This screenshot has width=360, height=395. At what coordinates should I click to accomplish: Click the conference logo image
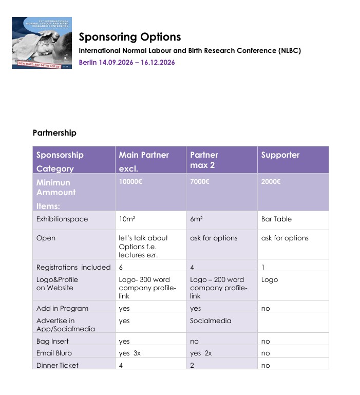43,43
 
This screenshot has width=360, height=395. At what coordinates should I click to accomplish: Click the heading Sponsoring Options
129,37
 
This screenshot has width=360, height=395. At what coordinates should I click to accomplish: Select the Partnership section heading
54,133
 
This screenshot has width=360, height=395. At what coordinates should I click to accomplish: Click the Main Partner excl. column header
144,161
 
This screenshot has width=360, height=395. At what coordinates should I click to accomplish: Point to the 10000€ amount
130,182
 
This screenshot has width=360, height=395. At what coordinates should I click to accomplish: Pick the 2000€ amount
270,182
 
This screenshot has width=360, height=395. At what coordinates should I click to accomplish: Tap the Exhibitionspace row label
62,219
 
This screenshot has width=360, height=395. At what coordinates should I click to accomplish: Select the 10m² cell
126,219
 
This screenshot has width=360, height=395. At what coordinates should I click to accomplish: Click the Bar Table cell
276,219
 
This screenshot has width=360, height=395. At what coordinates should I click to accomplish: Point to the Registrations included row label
73,267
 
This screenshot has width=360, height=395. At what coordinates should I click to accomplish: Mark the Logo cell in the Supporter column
270,279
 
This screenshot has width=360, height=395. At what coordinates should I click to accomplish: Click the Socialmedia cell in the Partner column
211,321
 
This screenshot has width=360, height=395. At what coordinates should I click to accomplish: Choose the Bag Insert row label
52,341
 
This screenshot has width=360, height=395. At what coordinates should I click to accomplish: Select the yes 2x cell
201,353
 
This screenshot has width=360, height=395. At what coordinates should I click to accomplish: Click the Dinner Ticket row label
58,365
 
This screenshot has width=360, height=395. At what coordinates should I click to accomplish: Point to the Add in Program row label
62,308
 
